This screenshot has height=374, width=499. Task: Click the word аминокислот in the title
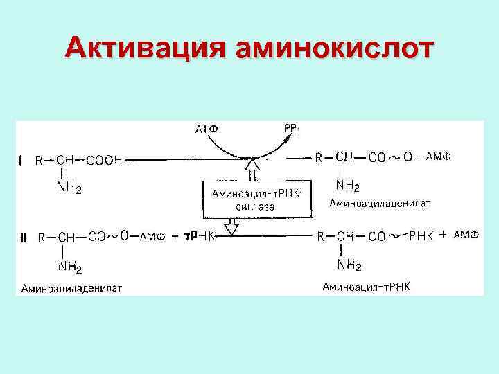(x=335, y=48)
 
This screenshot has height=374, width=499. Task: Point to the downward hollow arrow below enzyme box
(x=234, y=226)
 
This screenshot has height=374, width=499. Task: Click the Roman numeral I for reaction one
(x=21, y=161)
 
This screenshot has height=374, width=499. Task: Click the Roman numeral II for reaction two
(x=24, y=237)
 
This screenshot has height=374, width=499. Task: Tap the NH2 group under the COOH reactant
(x=69, y=188)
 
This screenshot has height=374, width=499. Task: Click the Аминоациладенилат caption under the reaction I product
(x=381, y=203)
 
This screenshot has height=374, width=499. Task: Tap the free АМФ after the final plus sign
(x=466, y=235)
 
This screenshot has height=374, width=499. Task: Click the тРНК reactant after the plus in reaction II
(x=200, y=237)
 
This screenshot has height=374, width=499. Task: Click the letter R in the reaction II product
(x=321, y=237)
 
